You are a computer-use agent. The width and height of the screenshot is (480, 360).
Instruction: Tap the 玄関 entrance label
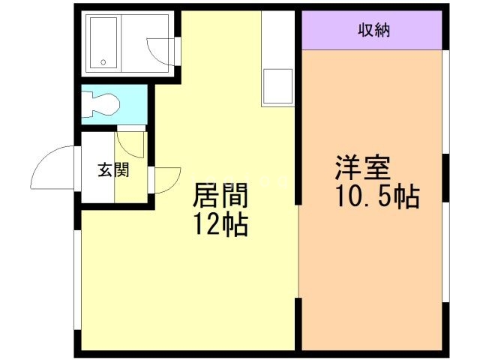click(x=112, y=169)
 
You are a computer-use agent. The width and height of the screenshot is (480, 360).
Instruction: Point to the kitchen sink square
click(x=278, y=86)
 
